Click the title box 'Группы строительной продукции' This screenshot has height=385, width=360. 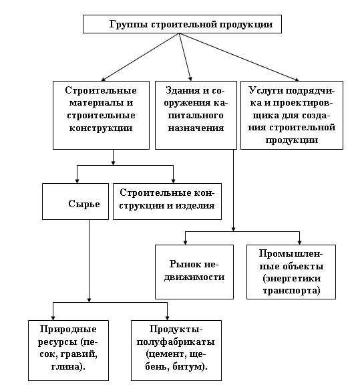(x=182, y=24)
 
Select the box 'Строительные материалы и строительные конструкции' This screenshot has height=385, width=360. (x=101, y=115)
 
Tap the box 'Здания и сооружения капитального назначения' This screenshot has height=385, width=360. (x=196, y=115)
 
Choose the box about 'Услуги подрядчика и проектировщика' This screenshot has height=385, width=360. (x=292, y=115)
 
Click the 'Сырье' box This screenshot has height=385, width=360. (x=75, y=201)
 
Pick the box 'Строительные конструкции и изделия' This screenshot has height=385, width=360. (x=167, y=201)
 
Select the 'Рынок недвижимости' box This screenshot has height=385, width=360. (x=194, y=272)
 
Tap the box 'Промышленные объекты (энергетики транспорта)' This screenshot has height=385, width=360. (x=291, y=272)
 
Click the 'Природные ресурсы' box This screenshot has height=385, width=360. (x=68, y=350)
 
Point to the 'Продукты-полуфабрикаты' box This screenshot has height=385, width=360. (x=176, y=350)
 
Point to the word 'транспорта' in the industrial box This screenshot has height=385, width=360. (x=291, y=291)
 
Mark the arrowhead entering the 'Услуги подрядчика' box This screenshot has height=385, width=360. (x=297, y=80)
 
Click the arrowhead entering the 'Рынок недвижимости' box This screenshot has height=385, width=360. (x=185, y=243)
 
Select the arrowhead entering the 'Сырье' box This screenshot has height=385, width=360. (x=77, y=181)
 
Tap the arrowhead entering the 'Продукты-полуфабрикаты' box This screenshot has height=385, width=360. (x=168, y=317)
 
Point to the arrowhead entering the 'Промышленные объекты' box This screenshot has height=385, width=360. (x=299, y=243)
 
